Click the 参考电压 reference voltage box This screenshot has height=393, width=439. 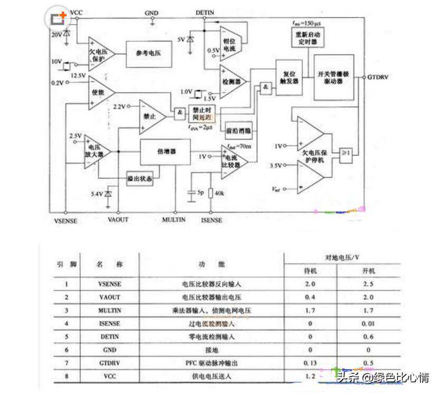coord(148,54)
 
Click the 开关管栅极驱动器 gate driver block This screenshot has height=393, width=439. coord(333,78)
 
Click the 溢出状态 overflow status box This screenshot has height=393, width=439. coord(139,179)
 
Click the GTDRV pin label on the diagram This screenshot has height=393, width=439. coord(378,78)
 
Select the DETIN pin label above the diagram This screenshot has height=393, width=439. coord(204,12)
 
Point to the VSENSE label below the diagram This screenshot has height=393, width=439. coord(66,221)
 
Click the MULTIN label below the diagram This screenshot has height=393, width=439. coord(174,220)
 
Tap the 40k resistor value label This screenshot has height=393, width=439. coord(219,193)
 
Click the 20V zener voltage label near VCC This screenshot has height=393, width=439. coord(56,34)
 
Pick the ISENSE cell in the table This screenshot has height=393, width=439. coord(109,323)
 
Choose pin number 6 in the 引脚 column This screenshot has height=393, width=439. coord(67,350)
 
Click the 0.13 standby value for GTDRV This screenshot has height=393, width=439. coord(310,363)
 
